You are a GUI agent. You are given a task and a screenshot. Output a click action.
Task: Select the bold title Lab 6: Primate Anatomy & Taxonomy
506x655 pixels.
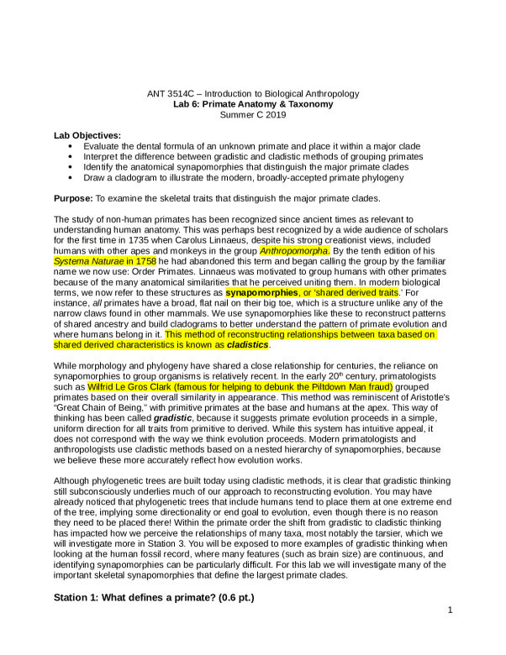[x=252, y=104]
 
